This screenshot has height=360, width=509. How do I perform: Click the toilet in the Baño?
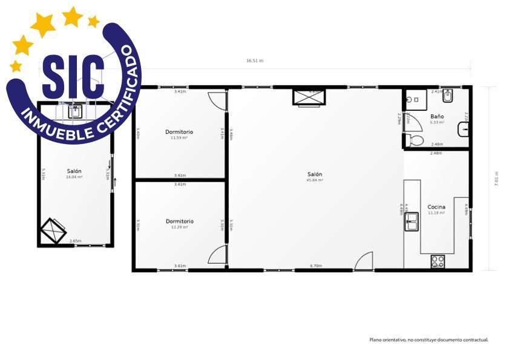[x=415, y=141]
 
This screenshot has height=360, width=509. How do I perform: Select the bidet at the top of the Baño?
[x=448, y=96]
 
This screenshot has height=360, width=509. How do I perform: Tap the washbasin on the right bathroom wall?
[x=464, y=128]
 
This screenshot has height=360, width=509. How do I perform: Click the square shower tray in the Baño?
[x=415, y=99]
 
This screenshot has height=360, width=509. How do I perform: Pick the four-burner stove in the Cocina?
[x=437, y=262]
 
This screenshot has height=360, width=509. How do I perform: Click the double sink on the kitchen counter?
[x=412, y=221]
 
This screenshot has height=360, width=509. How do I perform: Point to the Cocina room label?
[x=436, y=207]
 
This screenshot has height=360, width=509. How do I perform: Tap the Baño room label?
[x=437, y=116]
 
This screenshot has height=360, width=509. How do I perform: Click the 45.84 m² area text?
[x=315, y=180]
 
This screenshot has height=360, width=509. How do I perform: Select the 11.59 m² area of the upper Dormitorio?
[x=179, y=137]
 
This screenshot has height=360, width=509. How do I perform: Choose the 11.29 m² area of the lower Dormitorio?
[x=179, y=227]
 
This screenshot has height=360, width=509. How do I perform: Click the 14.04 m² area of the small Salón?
[x=74, y=177]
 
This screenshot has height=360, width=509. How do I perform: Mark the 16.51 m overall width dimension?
[x=254, y=61]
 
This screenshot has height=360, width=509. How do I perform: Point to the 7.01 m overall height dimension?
[x=497, y=180]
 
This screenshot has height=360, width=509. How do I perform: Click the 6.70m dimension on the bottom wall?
[x=315, y=266]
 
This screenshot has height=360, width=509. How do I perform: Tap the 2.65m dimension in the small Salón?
[x=75, y=241]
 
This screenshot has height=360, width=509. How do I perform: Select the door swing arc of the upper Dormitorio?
[x=217, y=100]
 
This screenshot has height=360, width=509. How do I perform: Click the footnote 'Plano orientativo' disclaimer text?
[x=429, y=339]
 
